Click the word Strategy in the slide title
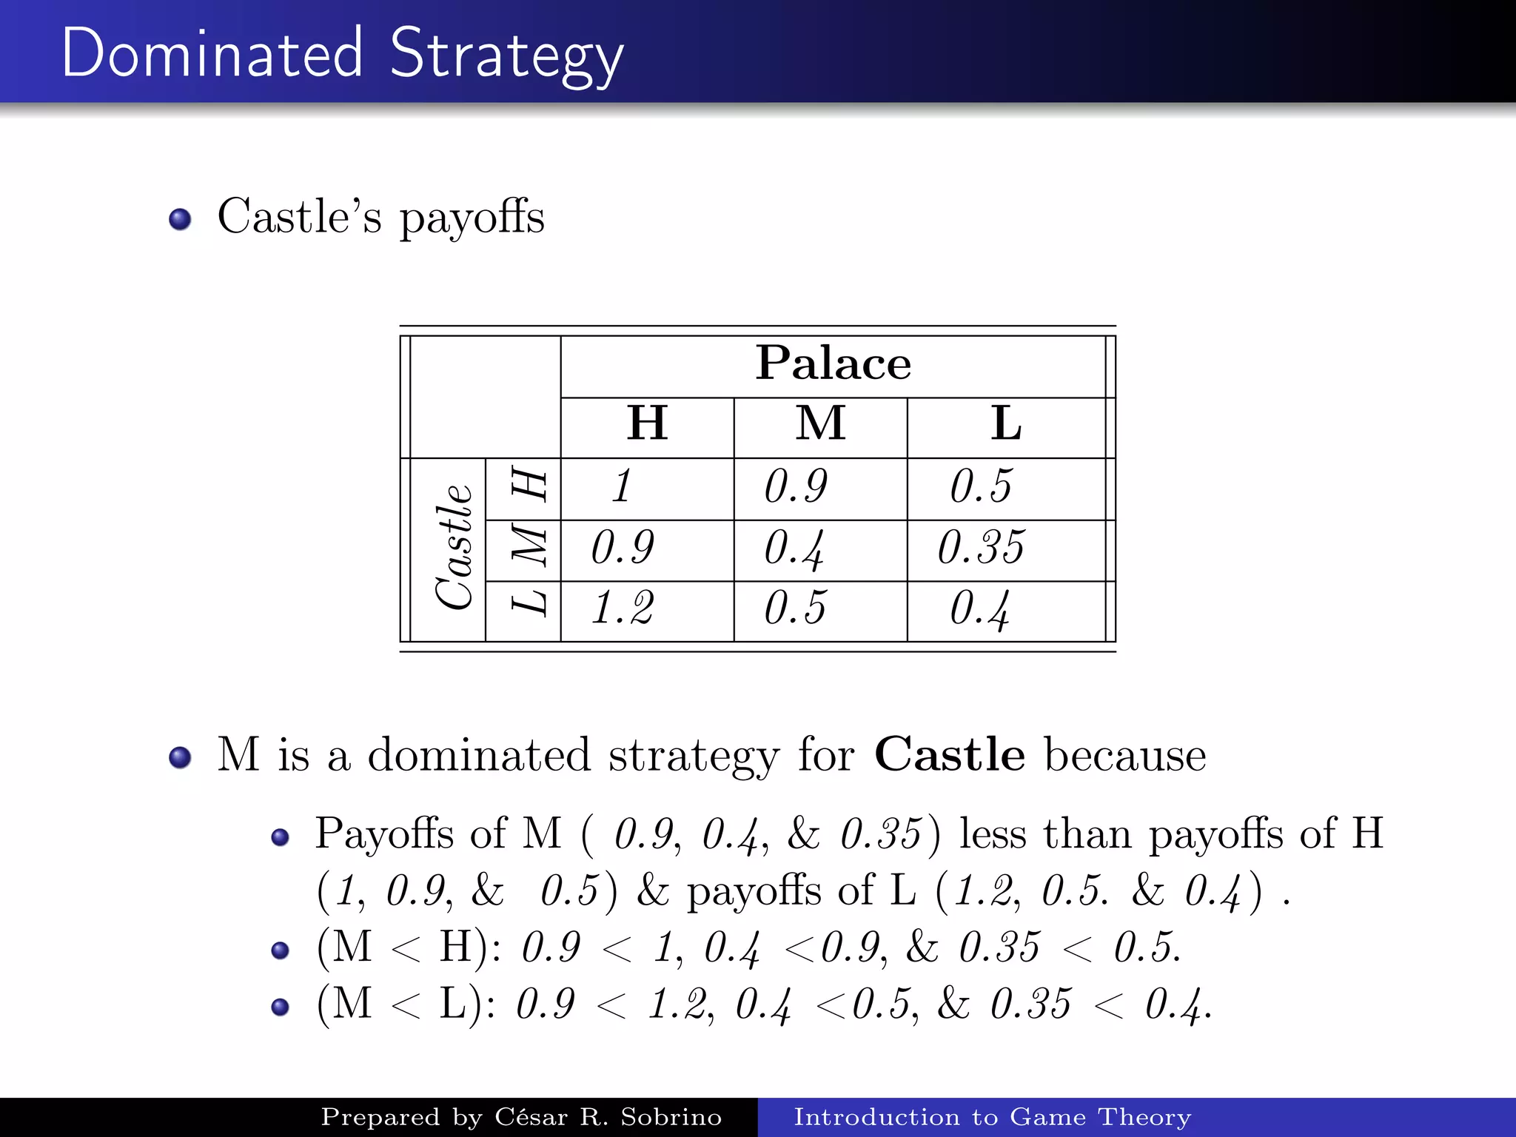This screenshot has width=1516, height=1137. point(506,53)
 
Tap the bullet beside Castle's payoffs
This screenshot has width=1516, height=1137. point(180,220)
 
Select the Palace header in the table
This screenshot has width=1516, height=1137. point(833,363)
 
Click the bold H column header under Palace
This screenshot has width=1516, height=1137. point(647,423)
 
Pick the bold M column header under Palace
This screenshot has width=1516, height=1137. point(820,423)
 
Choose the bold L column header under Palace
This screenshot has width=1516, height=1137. point(1006,423)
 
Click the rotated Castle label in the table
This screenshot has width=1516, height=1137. point(452,548)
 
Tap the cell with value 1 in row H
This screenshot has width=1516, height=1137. point(623,487)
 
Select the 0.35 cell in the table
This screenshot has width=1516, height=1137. point(981,548)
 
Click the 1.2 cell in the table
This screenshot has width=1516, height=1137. point(623,608)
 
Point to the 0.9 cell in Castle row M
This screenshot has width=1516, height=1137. point(623,548)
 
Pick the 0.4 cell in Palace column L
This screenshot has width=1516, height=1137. point(979,608)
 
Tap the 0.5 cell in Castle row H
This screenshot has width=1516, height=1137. point(981,487)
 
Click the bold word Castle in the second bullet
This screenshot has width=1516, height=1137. point(950,755)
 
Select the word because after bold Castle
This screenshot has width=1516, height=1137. point(1125,755)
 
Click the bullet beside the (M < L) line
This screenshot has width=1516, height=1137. point(280,1007)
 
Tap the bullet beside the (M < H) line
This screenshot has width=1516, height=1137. point(280,950)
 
